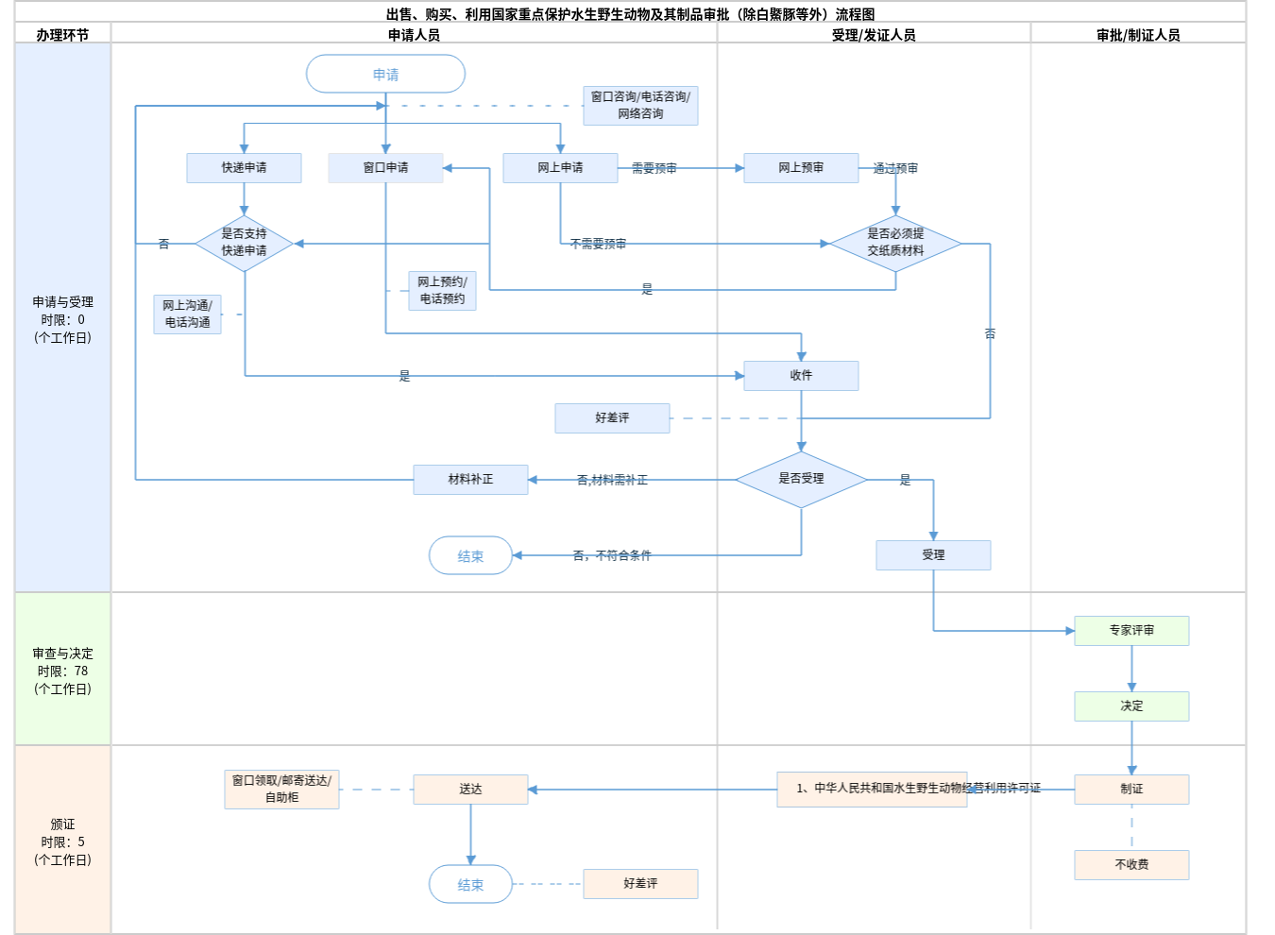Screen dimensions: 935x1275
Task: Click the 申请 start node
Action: [385, 74]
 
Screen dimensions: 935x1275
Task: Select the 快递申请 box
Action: [244, 167]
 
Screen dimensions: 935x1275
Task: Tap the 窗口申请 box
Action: [385, 167]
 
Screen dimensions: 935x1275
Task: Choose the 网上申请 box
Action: [560, 167]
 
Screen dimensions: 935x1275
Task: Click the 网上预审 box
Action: [801, 167]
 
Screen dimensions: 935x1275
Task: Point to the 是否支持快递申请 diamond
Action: [244, 243]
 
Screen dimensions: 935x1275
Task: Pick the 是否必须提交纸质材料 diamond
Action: [895, 243]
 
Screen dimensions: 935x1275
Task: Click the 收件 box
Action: [801, 375]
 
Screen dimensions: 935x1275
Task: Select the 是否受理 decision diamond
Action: [801, 479]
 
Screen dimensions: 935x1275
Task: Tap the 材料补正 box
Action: [470, 479]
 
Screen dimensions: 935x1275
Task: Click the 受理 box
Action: [933, 554]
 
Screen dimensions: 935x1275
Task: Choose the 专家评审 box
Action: [1131, 630]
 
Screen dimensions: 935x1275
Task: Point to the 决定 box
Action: [1131, 705]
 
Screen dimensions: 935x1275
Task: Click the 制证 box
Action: [1131, 789]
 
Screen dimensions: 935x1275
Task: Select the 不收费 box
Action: [1131, 864]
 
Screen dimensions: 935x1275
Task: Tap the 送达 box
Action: [470, 789]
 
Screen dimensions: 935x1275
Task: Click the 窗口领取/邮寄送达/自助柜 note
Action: [281, 789]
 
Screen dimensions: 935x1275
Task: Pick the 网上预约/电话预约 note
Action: [442, 290]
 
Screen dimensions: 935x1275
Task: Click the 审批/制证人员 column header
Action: [1138, 35]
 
